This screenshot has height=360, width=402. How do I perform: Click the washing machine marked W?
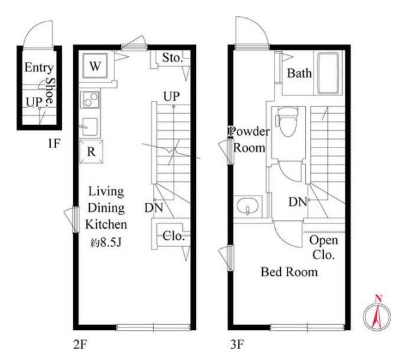tap(95, 66)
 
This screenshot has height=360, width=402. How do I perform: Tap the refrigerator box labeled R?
tap(91, 151)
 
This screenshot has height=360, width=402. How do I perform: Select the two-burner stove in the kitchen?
tap(90, 99)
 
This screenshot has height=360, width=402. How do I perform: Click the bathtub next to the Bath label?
tap(328, 73)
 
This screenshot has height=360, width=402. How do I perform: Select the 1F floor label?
tap(53, 144)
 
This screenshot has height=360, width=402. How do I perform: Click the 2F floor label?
tap(80, 345)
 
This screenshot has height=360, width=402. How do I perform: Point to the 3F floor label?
tap(237, 344)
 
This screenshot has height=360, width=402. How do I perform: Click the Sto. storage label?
tap(172, 58)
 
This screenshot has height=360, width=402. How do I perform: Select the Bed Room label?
tap(289, 272)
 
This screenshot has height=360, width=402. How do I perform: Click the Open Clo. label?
tap(323, 248)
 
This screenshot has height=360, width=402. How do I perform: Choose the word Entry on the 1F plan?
tap(39, 68)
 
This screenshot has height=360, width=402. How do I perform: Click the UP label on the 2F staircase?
tap(172, 97)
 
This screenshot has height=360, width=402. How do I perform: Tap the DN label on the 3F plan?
tap(298, 202)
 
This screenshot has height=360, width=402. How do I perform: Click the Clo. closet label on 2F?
tap(174, 236)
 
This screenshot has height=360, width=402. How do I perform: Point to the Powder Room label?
tap(249, 140)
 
